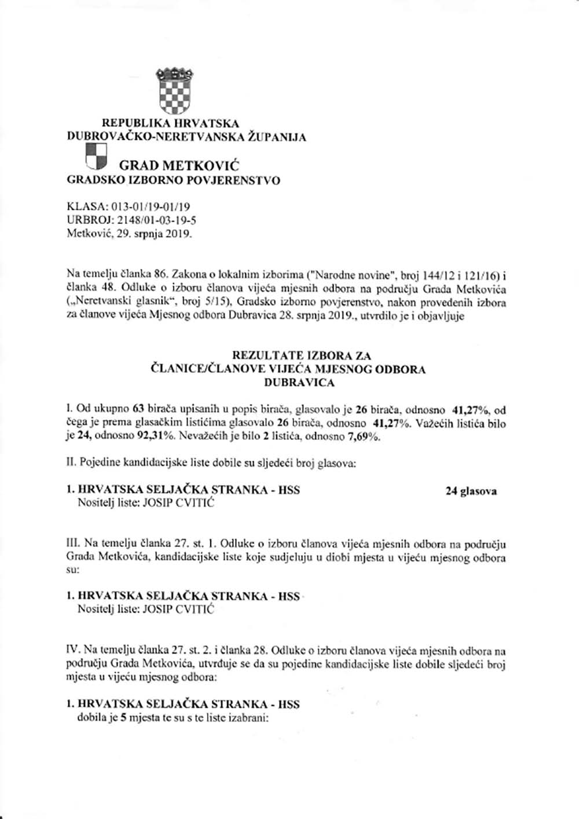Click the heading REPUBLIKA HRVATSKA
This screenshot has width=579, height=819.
(170, 123)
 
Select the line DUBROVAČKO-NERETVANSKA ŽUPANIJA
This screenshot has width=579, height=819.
(187, 137)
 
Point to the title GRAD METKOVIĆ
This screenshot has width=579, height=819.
(179, 165)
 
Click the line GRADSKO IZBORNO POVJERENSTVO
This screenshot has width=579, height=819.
(174, 180)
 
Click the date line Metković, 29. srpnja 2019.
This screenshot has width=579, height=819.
(129, 234)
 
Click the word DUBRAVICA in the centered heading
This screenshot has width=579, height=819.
(299, 383)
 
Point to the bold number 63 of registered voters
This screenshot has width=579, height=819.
(140, 410)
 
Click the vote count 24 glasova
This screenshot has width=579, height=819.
(471, 491)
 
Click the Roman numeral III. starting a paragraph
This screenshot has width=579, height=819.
(74, 544)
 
